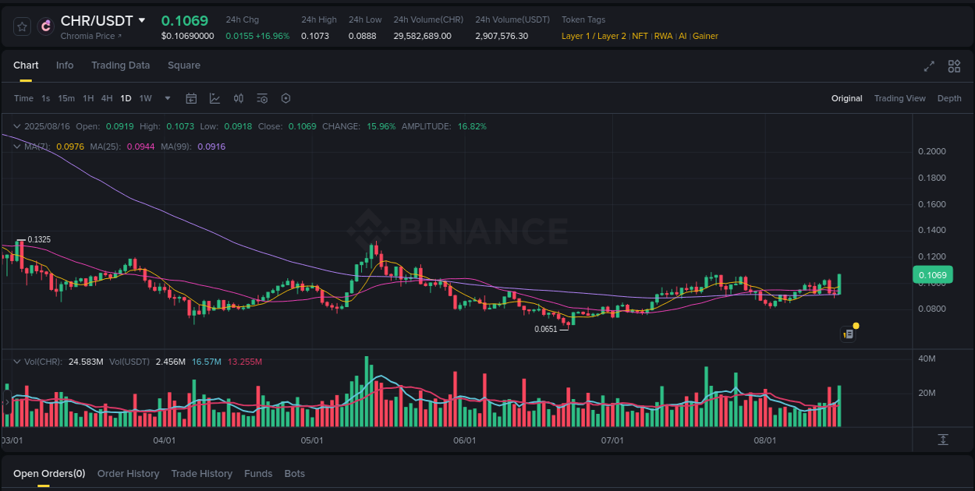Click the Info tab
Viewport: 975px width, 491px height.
click(65, 65)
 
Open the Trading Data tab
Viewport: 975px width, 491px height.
click(120, 65)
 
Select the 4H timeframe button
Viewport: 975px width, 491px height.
click(107, 98)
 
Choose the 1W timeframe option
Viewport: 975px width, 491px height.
click(145, 98)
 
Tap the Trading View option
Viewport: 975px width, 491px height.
click(899, 98)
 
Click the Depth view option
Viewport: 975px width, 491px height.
click(949, 98)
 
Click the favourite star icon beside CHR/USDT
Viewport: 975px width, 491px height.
click(23, 26)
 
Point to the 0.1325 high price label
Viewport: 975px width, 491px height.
click(39, 239)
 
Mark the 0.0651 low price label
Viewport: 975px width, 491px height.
click(546, 329)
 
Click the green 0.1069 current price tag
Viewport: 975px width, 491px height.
click(932, 274)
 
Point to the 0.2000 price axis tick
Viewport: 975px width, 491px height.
click(932, 151)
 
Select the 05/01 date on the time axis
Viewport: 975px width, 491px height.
click(312, 440)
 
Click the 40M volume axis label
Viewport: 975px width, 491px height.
click(927, 359)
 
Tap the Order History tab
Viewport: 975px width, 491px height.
click(128, 474)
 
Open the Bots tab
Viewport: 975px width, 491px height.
click(294, 474)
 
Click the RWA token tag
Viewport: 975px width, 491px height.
click(663, 36)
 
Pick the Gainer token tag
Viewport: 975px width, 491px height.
click(705, 36)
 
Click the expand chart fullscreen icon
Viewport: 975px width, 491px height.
click(928, 66)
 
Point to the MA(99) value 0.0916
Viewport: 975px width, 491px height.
click(211, 147)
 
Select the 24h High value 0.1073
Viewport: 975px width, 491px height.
click(315, 36)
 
